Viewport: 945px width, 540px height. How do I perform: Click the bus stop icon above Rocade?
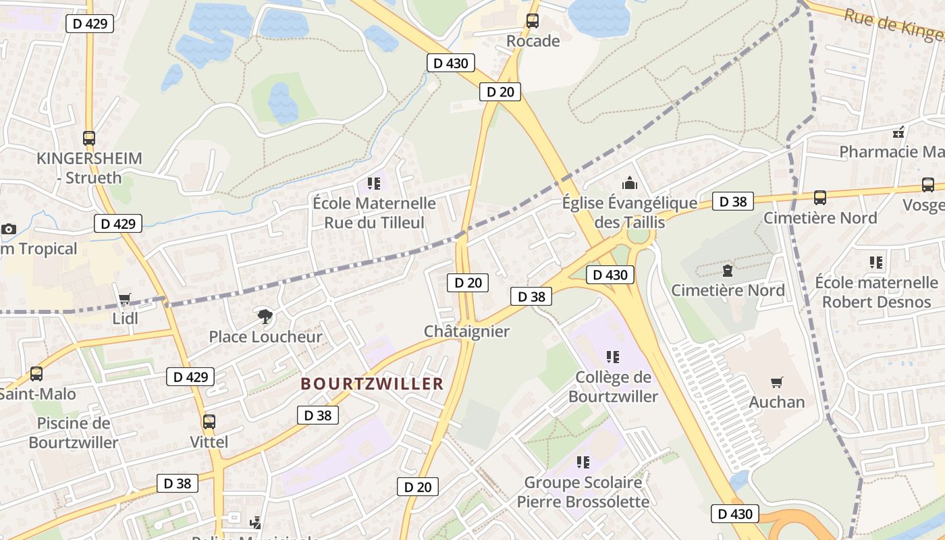[x=533, y=21]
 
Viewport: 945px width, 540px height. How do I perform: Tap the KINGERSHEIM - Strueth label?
[x=90, y=168]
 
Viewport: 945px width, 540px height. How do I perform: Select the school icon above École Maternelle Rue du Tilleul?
[x=374, y=183]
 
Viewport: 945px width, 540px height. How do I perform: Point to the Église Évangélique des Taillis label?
[x=630, y=213]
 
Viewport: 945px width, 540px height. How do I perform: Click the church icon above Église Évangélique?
[x=630, y=183]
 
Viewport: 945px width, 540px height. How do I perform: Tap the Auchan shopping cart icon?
[x=777, y=383]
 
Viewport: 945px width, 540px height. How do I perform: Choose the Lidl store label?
[x=126, y=318]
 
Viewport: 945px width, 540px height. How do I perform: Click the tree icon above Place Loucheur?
[x=266, y=315]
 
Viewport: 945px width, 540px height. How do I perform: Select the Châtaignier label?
[x=466, y=331]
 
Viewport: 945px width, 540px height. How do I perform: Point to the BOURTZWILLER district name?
[x=372, y=384]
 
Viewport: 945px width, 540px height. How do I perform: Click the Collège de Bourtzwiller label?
[x=613, y=387]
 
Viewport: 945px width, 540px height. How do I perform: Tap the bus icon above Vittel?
[x=209, y=423]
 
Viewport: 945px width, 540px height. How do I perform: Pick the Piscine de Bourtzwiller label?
[x=74, y=433]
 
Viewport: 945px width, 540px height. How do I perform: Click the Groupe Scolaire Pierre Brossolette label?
[x=583, y=492]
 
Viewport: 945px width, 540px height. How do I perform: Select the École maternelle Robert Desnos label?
[x=876, y=292]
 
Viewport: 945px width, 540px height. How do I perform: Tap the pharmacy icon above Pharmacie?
[x=898, y=132]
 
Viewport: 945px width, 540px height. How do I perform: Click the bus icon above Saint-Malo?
[x=36, y=374]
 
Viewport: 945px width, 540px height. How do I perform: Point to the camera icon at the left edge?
[x=9, y=230]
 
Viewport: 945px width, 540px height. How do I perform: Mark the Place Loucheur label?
[x=265, y=337]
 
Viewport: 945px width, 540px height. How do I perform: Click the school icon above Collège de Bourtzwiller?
[x=612, y=356]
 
